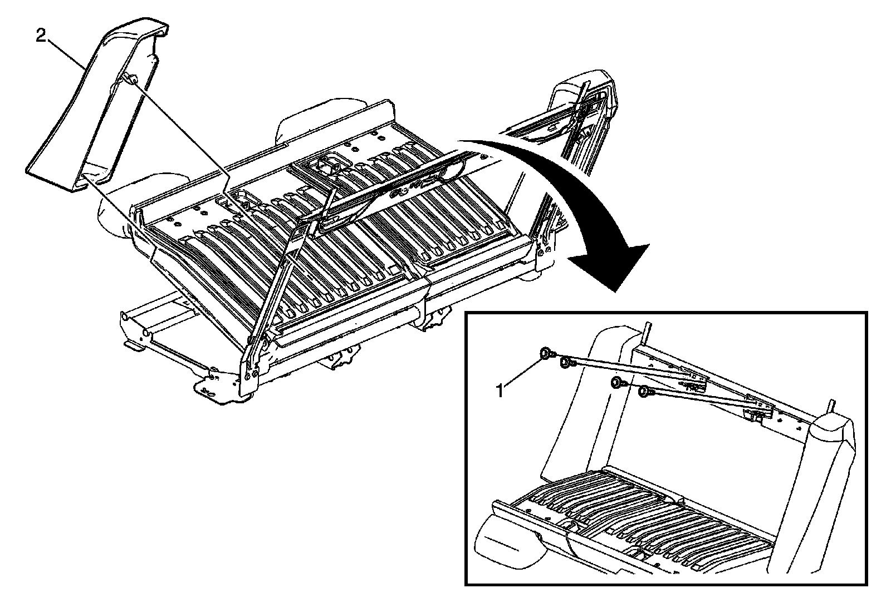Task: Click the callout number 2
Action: (x=41, y=37)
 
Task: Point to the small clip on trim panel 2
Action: (x=133, y=80)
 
